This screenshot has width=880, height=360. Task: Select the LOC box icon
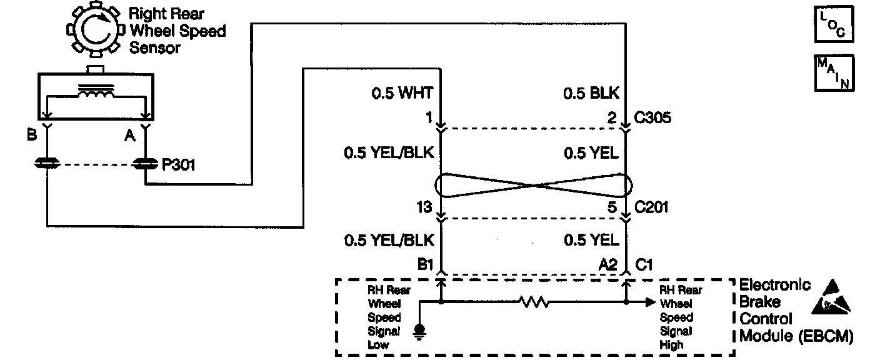click(833, 24)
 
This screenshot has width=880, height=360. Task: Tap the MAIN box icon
click(833, 73)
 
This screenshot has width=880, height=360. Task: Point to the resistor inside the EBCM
click(533, 302)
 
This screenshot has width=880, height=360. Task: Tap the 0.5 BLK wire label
click(591, 94)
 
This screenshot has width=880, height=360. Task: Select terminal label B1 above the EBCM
click(426, 264)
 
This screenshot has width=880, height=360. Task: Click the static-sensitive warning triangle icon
click(832, 297)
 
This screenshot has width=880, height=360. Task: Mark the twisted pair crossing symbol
click(532, 186)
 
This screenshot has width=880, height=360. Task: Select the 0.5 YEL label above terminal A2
click(591, 240)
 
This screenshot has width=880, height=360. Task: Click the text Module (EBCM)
click(796, 336)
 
